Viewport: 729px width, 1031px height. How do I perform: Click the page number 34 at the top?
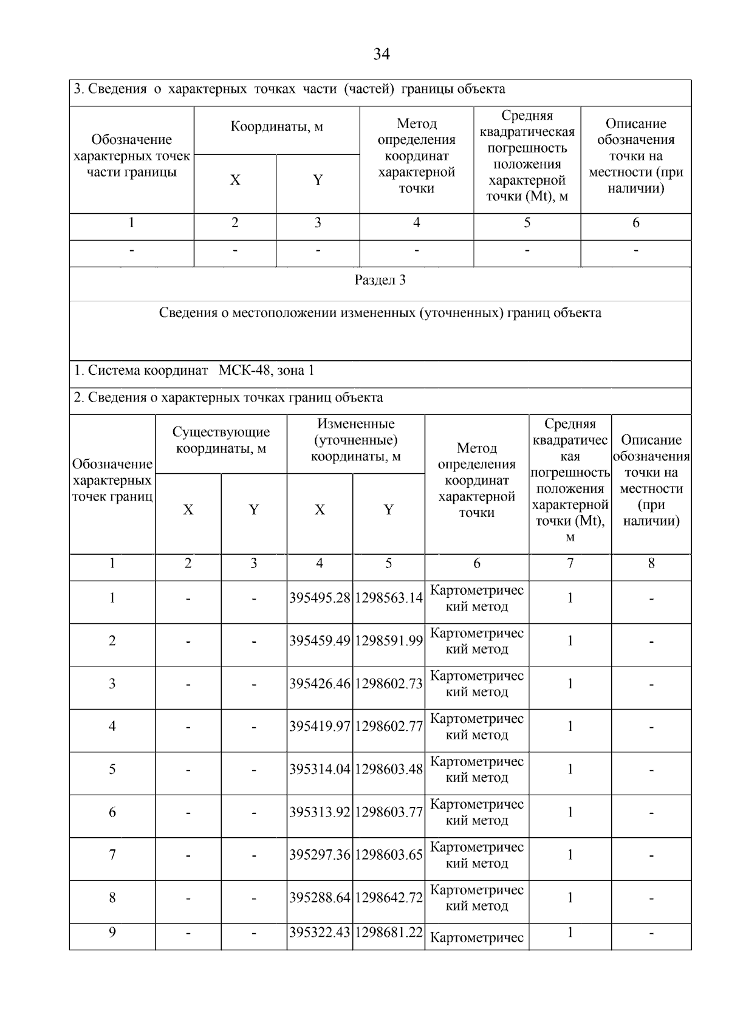(x=381, y=54)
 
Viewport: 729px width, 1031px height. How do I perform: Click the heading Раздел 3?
(x=380, y=281)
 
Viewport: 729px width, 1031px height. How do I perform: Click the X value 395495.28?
(x=320, y=598)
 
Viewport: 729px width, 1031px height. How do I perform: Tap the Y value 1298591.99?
(x=389, y=641)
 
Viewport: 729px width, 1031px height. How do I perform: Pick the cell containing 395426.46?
(x=320, y=684)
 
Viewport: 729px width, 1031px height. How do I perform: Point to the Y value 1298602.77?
(x=389, y=727)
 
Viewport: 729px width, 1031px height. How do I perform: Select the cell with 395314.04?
(x=320, y=770)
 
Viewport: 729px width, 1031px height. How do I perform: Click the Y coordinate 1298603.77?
(x=389, y=813)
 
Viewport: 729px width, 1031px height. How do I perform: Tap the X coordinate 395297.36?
(x=320, y=855)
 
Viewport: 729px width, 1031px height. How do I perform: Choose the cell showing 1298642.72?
(x=389, y=898)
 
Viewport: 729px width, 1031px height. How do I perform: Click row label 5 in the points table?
(x=112, y=770)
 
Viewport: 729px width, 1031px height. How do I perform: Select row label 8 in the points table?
(x=112, y=898)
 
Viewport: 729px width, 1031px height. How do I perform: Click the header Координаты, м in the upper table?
(x=276, y=127)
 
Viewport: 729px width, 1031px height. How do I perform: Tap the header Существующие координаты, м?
(x=221, y=440)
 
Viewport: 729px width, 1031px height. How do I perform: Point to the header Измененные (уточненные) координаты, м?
(x=356, y=440)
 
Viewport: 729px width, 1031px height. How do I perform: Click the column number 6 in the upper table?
(x=635, y=223)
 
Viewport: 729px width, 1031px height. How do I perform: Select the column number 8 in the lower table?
(x=651, y=564)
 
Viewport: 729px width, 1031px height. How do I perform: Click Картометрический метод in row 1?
(x=477, y=598)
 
